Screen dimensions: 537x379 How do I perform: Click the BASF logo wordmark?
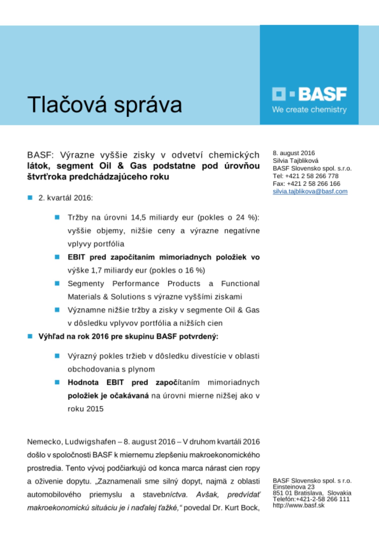322,94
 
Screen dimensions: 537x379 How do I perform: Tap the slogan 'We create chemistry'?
309,110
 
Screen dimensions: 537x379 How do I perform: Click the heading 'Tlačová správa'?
105,104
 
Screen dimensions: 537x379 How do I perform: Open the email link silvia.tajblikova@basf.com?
310,191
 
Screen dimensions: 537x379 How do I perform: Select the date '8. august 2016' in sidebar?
294,153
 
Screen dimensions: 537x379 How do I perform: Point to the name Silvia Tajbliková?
296,161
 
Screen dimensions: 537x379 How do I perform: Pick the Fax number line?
306,184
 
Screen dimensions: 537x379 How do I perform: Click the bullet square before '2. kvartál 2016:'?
30,198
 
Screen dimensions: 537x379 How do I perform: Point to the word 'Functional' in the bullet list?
240,284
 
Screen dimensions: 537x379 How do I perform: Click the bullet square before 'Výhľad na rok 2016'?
30,336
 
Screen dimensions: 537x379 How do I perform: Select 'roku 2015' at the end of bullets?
86,409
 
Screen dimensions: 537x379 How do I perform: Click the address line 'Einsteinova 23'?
294,487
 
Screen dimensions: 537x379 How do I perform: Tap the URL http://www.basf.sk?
299,505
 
